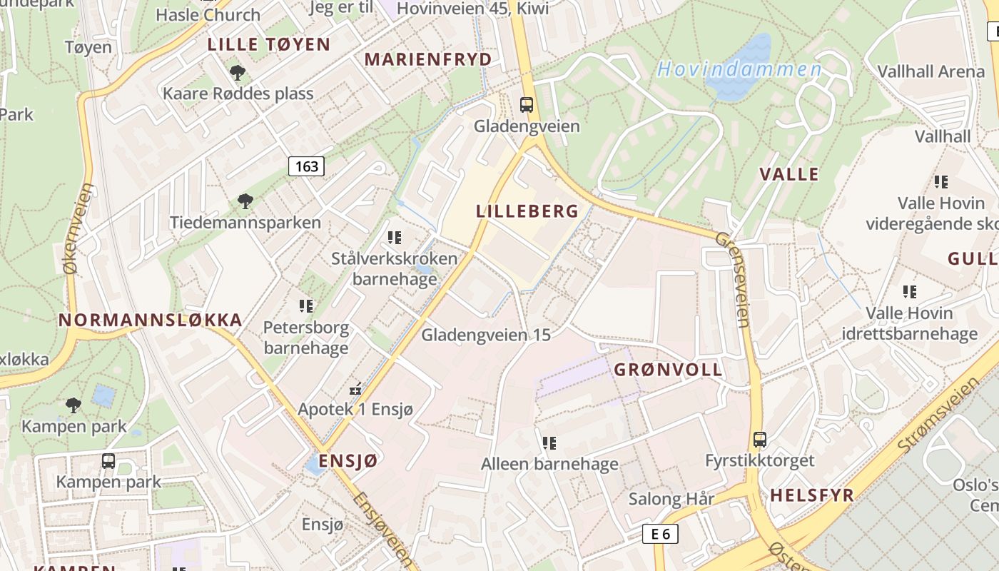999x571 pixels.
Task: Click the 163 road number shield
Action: (x=307, y=166)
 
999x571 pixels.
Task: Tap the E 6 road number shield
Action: (x=660, y=533)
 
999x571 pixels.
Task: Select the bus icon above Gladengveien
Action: (x=527, y=105)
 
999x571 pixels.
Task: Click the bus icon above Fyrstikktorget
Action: (x=760, y=439)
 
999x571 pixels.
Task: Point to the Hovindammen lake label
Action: (x=739, y=69)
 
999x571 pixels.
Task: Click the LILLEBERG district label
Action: (x=527, y=211)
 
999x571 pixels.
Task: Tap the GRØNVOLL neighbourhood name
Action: (x=668, y=370)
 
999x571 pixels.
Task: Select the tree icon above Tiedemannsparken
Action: (x=245, y=201)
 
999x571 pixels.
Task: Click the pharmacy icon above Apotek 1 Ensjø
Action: (x=355, y=390)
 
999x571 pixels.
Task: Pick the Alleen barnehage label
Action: (x=549, y=464)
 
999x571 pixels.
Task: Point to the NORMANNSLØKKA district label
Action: (x=151, y=320)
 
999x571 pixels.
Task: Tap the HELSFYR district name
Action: (x=812, y=495)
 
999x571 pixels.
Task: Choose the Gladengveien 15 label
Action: (x=486, y=334)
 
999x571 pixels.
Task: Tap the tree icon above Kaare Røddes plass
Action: (x=238, y=72)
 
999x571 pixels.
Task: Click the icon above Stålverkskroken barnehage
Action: (x=395, y=237)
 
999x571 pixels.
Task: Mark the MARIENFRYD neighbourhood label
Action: (x=428, y=59)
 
